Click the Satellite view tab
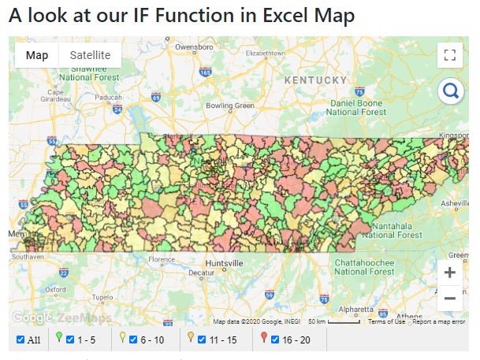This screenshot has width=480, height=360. tap(90, 54)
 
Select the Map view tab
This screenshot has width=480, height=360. tap(37, 54)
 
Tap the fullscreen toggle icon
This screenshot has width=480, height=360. tap(450, 54)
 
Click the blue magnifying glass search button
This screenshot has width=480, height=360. tap(451, 91)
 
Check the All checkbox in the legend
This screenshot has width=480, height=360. tap(20, 340)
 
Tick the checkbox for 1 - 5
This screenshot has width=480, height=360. tap(70, 340)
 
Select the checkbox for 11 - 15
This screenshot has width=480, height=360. tap(202, 340)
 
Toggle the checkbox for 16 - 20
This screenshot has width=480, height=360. tap(274, 340)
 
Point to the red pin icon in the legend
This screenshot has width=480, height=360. tap(263, 339)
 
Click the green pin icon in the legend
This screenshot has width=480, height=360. tap(59, 339)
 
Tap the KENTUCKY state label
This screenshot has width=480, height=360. tap(315, 80)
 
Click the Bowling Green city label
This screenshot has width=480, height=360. tap(229, 106)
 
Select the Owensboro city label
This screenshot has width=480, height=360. tap(194, 47)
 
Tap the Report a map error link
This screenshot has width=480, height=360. tap(439, 321)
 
